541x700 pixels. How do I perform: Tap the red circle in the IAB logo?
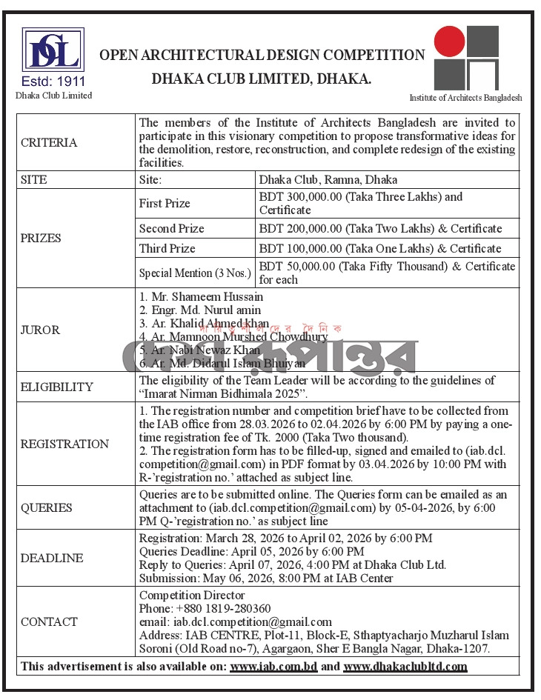point(450,41)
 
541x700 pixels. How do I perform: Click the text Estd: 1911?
point(54,81)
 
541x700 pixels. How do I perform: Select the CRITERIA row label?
point(49,143)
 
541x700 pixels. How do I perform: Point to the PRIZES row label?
point(42,239)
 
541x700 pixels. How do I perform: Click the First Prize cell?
point(165,203)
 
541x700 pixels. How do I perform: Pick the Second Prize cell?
point(171,229)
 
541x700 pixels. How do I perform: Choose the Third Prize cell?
point(167,248)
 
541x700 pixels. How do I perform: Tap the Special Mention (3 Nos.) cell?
point(196,273)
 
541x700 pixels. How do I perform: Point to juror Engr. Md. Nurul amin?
point(200,310)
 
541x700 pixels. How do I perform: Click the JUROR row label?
point(41,330)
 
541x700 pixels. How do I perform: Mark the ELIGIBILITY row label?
point(57,387)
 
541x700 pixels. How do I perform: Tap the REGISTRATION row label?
point(64,444)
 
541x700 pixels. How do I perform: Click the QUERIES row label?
point(47,507)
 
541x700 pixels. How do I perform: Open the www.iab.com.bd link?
point(273,666)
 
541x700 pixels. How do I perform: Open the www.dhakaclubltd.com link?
point(405,666)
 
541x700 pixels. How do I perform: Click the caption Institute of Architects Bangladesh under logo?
point(466,98)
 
